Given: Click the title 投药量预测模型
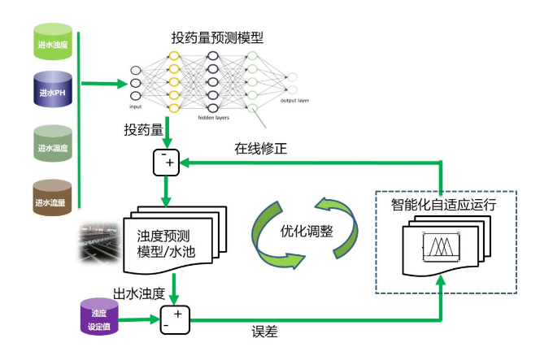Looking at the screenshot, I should [217, 37].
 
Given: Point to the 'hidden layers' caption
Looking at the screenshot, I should [214, 116].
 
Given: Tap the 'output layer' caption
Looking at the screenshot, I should [295, 101].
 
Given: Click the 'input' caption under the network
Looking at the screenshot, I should [136, 106].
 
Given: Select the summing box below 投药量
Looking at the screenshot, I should [167, 163].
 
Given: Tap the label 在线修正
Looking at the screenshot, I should [261, 149].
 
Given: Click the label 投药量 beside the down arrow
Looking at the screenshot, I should [143, 129].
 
